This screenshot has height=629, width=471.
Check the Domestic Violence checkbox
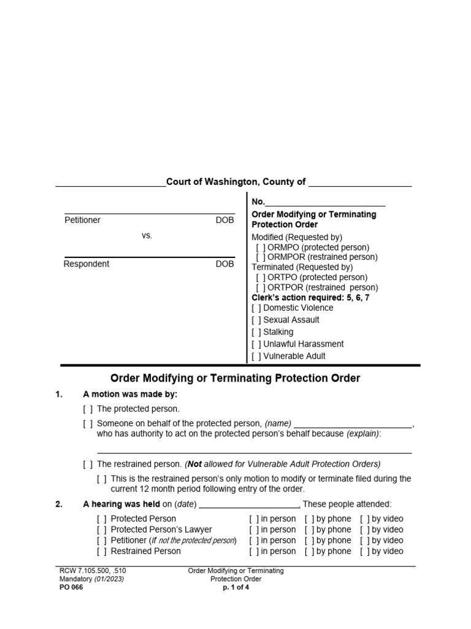256,308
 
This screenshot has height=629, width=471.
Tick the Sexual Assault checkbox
256,320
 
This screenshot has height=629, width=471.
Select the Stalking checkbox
256,332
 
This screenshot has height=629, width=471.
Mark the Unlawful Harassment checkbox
256,344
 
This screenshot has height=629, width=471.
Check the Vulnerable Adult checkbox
256,356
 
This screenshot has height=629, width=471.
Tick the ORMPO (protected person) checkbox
261,247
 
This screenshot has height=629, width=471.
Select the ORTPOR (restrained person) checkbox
261,287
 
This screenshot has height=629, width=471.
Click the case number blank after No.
325,202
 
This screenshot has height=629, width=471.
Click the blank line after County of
359,182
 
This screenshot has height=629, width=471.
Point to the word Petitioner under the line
82,220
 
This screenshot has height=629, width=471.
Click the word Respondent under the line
86,264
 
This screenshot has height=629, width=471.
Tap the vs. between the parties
147,235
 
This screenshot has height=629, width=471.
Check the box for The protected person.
88,408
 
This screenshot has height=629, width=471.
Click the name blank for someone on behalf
353,424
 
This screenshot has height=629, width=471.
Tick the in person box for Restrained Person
254,552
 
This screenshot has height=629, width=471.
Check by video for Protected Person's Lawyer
365,529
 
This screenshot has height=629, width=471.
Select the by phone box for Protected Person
310,519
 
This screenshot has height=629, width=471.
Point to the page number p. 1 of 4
235,587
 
